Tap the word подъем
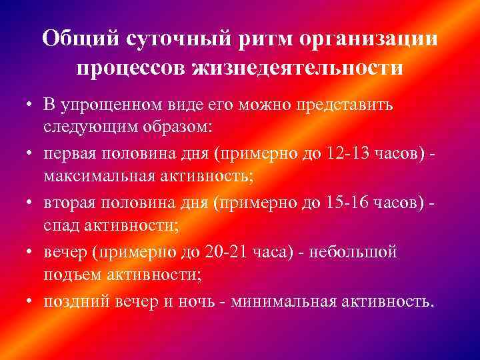(69, 275)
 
